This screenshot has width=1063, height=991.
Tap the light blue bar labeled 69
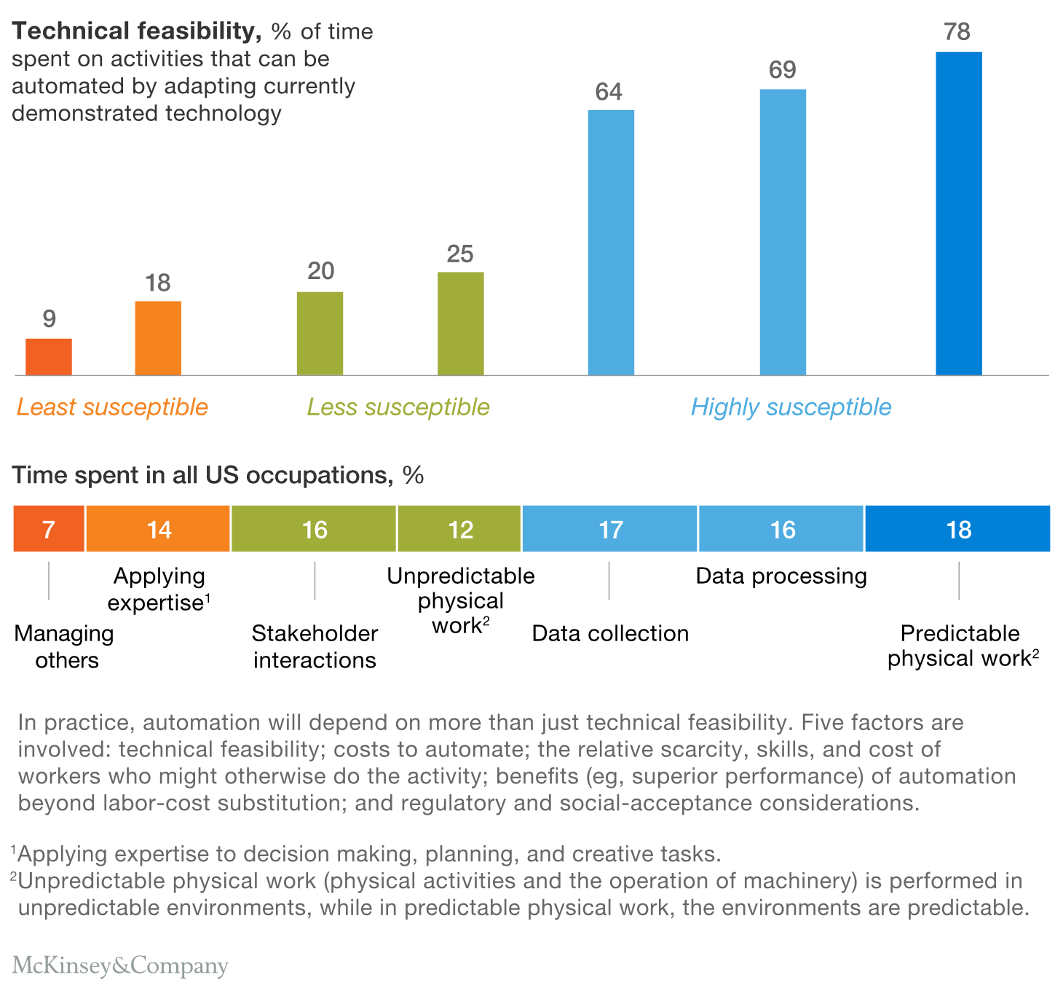point(783,232)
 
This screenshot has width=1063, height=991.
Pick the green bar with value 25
point(460,324)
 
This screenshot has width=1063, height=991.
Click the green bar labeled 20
point(320,334)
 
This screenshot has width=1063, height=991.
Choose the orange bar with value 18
point(158,338)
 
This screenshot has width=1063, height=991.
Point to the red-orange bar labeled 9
point(49,357)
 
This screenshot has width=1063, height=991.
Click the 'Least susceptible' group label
point(112,407)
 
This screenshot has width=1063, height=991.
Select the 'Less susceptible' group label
point(398,407)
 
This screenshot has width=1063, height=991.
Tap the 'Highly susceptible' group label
point(791,407)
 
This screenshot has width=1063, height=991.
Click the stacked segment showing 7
point(49,529)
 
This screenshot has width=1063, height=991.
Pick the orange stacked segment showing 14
point(158,529)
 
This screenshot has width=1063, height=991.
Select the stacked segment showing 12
point(459,529)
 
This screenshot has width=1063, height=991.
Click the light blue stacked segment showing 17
point(609,529)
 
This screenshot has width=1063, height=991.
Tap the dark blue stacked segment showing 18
point(957,529)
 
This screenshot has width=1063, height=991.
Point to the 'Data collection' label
point(610,633)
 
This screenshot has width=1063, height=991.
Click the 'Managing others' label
point(65,646)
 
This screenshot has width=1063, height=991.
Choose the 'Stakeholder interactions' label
point(315,646)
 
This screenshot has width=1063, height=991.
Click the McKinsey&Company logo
point(120,965)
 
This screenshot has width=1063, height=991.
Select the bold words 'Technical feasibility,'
point(136,31)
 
